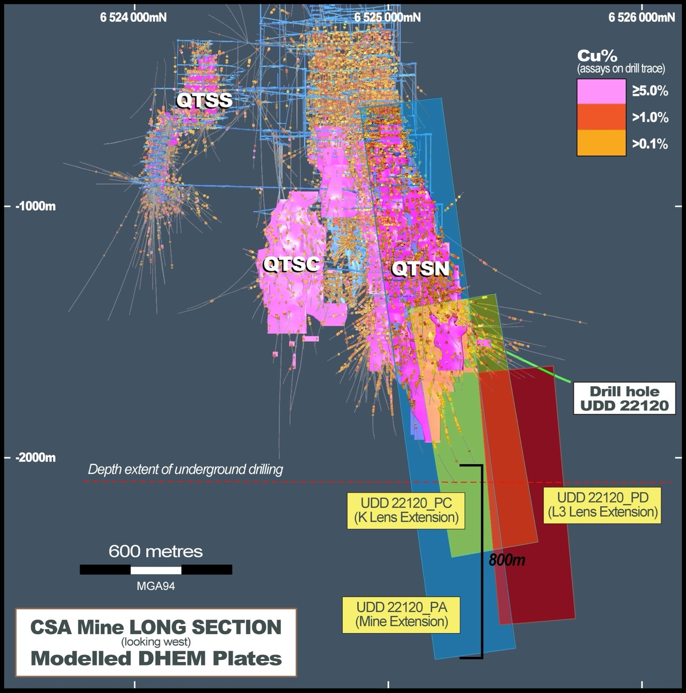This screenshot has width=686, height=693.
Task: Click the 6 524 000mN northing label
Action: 133,17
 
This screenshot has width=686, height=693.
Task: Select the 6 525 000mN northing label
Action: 387,17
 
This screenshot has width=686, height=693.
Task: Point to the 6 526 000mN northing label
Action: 641,17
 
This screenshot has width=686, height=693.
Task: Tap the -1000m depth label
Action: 35,206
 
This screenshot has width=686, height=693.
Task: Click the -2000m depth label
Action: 35,458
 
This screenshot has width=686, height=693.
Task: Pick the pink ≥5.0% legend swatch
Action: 601,91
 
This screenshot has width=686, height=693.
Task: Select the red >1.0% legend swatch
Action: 601,117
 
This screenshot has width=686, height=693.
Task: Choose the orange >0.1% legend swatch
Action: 601,143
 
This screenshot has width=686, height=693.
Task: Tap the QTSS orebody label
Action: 204,100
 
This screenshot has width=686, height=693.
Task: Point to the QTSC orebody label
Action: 291,264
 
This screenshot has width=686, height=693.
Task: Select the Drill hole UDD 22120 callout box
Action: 624,398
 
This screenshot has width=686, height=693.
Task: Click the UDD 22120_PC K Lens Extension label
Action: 406,510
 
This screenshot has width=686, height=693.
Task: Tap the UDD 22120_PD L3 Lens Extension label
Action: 602,505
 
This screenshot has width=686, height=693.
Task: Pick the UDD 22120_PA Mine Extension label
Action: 401,614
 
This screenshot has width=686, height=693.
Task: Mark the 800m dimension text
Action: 507,560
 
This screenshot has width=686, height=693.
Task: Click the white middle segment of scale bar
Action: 156,570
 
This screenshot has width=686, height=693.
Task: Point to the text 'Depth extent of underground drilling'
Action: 185,469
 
